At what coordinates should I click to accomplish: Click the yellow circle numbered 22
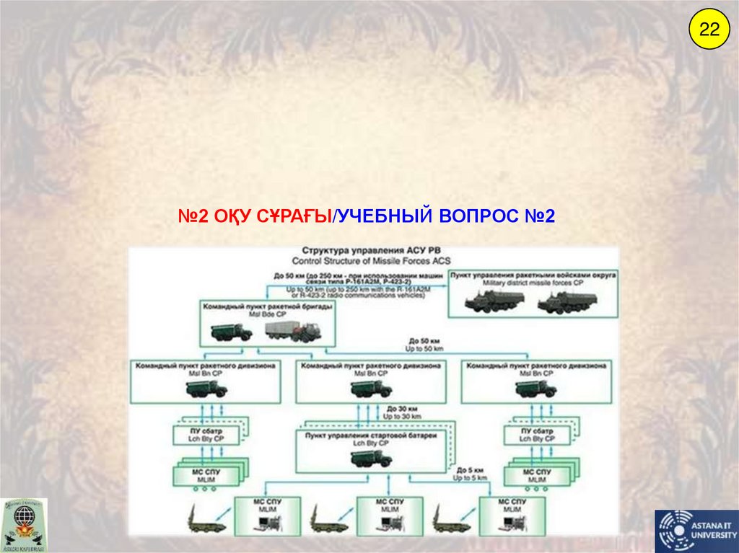[708, 30]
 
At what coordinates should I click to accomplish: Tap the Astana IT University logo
[695, 531]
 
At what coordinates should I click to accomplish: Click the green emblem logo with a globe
[24, 525]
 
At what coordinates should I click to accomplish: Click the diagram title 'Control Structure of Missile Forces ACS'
[371, 260]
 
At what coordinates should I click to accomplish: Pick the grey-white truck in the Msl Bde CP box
[292, 331]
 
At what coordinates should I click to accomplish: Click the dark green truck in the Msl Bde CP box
[231, 332]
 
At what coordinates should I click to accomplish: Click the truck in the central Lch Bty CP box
[371, 458]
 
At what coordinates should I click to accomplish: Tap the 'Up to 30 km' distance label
[401, 417]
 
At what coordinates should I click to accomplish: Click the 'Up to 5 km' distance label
[470, 478]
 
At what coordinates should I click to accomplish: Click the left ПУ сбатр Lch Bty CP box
[206, 435]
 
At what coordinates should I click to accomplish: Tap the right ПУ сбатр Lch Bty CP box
[537, 435]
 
